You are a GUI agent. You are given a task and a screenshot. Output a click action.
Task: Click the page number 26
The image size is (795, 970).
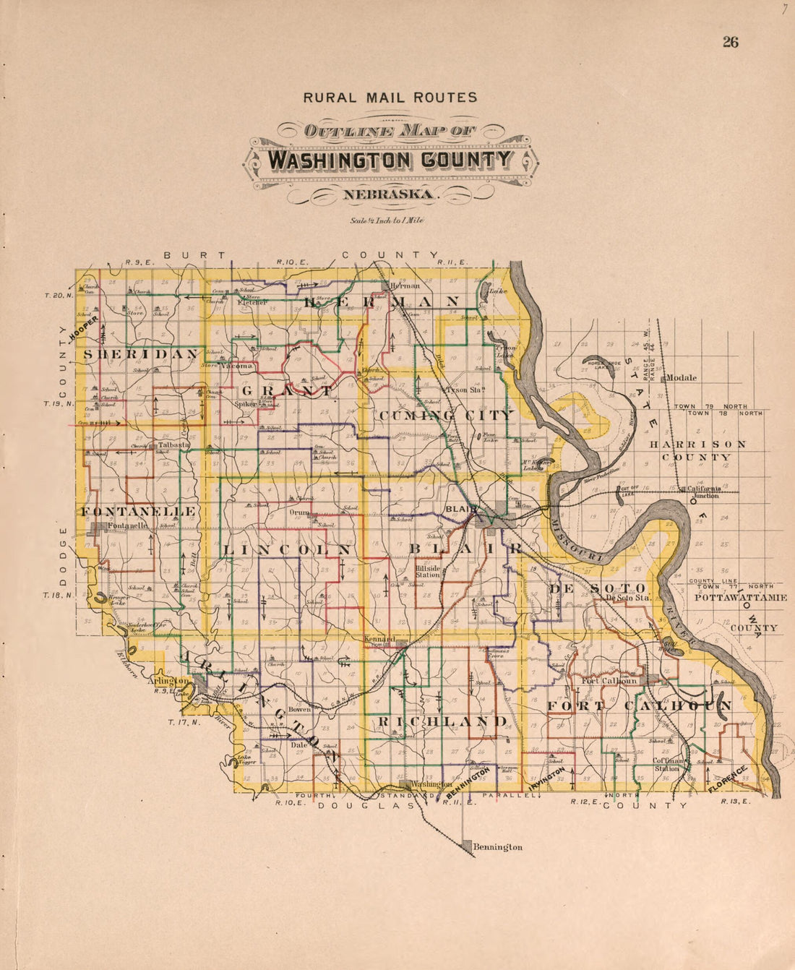point(730,42)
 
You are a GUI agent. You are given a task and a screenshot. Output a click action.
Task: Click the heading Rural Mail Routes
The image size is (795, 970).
point(390,98)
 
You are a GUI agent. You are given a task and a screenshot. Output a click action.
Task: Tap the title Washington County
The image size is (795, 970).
point(390,160)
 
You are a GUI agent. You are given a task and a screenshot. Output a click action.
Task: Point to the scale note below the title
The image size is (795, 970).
point(386,220)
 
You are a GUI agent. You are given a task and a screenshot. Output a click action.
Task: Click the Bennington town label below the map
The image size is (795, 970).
point(497,846)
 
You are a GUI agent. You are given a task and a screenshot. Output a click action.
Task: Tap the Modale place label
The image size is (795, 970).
point(681,377)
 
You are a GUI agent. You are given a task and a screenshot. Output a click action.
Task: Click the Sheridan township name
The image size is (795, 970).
point(141,354)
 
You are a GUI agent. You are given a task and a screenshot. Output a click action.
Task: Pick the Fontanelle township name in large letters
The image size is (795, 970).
point(137,512)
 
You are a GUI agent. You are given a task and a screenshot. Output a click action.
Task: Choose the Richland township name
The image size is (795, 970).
point(442,721)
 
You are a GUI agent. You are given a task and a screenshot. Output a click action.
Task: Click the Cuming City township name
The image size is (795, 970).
point(444,415)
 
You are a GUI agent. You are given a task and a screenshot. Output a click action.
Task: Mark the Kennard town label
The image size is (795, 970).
point(379,640)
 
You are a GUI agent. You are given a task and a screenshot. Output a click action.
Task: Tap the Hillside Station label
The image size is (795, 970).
point(428,571)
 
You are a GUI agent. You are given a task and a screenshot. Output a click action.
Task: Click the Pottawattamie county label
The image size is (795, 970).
point(740,598)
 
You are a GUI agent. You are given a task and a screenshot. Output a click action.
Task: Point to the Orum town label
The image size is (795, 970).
point(299,512)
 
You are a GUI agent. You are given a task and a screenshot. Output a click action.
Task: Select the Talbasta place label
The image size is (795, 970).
point(173,445)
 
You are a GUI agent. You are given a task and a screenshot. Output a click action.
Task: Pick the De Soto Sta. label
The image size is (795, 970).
point(628,598)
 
